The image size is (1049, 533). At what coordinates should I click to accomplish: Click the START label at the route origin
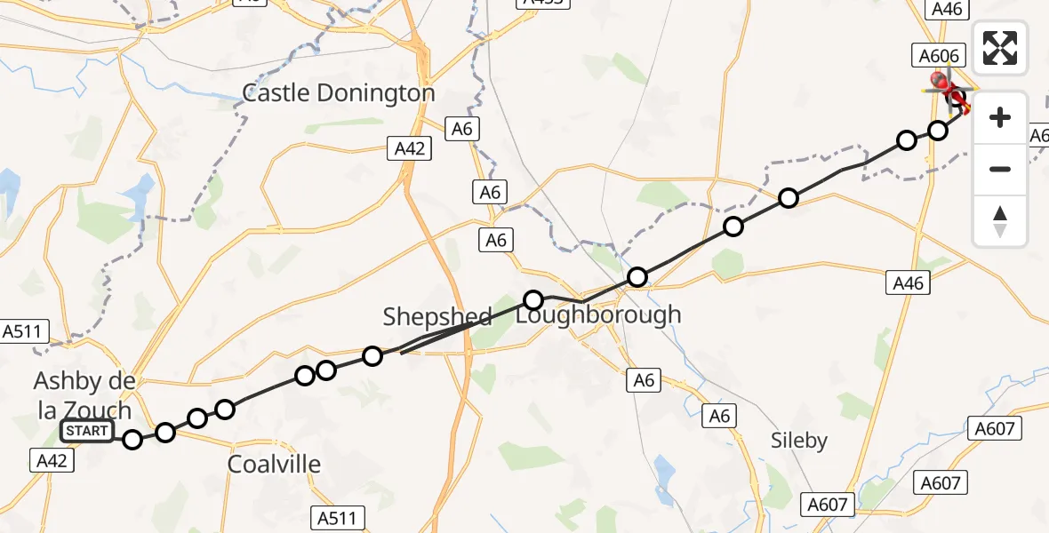click(87, 432)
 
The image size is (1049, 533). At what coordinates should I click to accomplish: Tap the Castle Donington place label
click(339, 93)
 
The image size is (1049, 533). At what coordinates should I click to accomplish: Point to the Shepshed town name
click(436, 316)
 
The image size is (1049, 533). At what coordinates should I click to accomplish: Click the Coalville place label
click(274, 464)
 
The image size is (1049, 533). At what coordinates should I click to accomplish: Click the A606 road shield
click(938, 56)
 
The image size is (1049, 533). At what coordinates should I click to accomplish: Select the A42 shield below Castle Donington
click(410, 148)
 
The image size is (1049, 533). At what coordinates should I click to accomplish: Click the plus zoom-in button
click(1000, 117)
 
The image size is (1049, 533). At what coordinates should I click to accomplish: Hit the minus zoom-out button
click(1000, 169)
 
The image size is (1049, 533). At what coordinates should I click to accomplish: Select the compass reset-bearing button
click(1000, 220)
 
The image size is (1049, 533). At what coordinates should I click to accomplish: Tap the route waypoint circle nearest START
click(132, 439)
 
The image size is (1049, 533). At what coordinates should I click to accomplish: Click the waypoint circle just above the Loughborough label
click(533, 300)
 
